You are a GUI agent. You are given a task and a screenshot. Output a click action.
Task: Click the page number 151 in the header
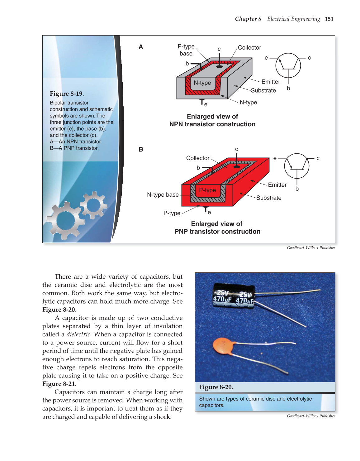pos(329,19)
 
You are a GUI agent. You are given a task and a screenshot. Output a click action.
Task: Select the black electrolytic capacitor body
pos(234,296)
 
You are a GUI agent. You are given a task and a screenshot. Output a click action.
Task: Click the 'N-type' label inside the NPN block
pos(202,83)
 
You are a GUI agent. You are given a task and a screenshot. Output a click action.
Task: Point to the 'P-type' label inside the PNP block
pos(207,190)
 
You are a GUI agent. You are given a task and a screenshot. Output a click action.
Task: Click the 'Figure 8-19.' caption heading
pos(67,94)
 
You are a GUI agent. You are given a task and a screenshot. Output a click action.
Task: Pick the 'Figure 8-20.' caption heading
pos(216,387)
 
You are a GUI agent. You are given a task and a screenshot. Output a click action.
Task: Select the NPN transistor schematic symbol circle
pos(288,65)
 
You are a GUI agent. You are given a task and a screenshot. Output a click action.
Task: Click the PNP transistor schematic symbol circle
pos(297,166)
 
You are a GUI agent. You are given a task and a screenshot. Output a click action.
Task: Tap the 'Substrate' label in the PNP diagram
pos(269,198)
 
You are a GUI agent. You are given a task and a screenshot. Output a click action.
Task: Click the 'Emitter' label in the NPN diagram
pos(271,82)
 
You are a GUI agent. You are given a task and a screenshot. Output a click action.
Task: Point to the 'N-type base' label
pos(163,195)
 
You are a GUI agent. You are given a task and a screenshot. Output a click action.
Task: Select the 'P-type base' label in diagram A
pos(186,50)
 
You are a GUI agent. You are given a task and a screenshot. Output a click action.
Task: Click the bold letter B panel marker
pos(141,149)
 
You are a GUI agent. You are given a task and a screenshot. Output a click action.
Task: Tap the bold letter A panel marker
pos(141,47)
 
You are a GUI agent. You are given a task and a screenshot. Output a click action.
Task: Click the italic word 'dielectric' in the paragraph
pos(78,334)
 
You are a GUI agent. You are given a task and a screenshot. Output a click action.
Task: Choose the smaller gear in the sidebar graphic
pos(93,205)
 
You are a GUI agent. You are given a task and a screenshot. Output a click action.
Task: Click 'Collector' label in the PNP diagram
pos(198,158)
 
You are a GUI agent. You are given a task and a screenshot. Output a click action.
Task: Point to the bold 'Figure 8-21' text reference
pos(59,384)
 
